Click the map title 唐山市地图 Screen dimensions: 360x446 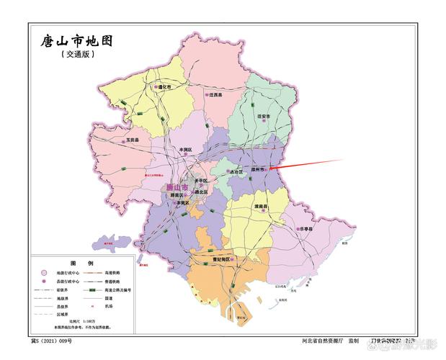[77, 42]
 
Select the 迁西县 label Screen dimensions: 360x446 [215, 95]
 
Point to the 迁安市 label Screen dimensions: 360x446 [264, 116]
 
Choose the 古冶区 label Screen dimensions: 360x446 [235, 172]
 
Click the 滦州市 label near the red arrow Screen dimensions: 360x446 [257, 169]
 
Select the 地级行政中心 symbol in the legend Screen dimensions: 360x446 [44, 273]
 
